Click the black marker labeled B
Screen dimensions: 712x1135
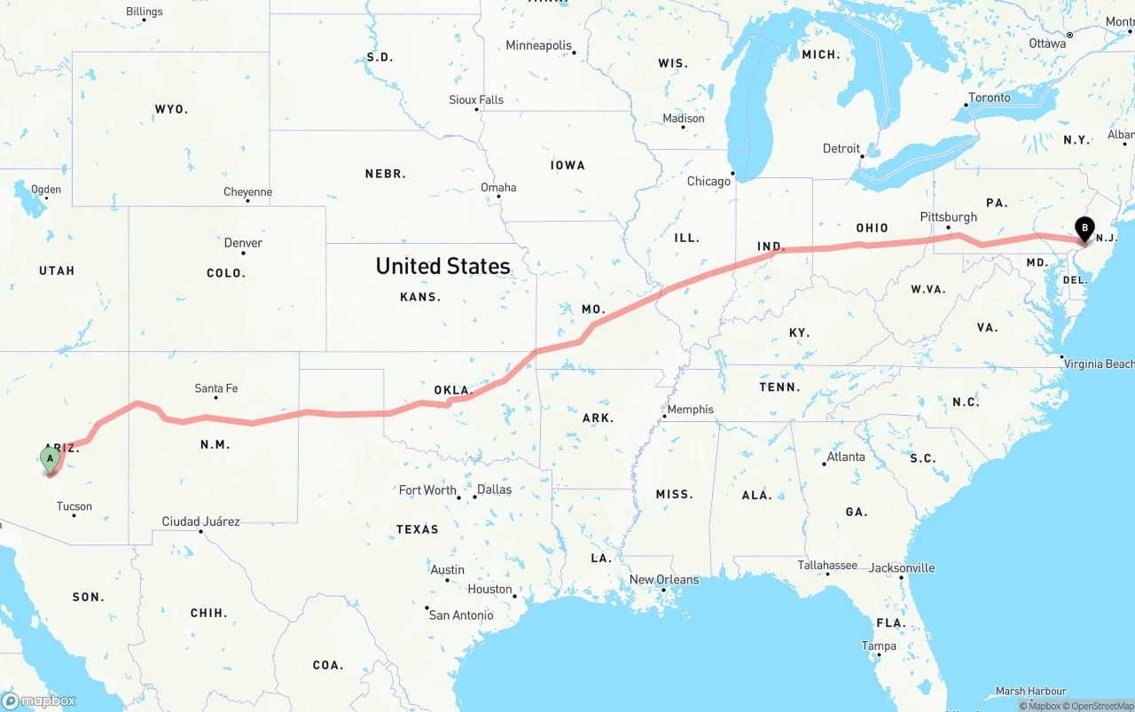[x=1084, y=229]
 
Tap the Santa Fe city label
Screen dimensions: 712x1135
[x=216, y=388]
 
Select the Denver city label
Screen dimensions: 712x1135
[x=243, y=243]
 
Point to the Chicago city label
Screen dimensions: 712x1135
[x=708, y=182]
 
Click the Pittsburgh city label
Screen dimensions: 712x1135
[x=948, y=217]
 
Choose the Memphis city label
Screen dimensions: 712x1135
[x=690, y=410]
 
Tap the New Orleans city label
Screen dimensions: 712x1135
[x=664, y=580]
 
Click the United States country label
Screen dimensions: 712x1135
[x=442, y=266]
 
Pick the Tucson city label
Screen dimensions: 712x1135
[x=74, y=507]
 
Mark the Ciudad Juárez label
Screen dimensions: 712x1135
[x=200, y=521]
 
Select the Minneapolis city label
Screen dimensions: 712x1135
[x=538, y=45]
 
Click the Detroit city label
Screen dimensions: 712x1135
[x=841, y=149]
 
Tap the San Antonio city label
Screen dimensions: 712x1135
[x=461, y=615]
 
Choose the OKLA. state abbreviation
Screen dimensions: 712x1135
[x=453, y=390]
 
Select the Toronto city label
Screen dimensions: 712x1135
[x=989, y=98]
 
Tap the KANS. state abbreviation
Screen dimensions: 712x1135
[x=420, y=297]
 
